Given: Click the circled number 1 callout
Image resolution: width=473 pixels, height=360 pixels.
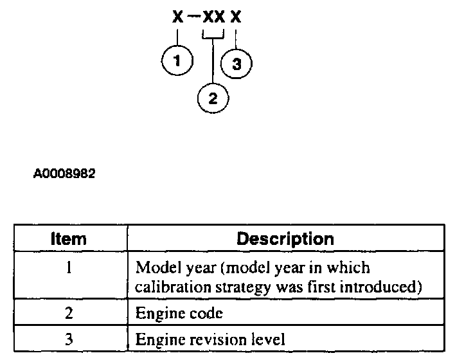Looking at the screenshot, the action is click(177, 62).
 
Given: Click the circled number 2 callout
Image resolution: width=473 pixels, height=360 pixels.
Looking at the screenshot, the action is click(213, 98).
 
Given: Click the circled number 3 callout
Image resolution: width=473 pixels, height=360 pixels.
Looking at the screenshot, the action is click(236, 64).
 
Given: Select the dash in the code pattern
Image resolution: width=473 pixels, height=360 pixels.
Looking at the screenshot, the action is click(193, 17).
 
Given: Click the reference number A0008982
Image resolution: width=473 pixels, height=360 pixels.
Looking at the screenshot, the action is click(65, 174).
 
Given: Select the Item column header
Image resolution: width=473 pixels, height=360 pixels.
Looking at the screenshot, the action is click(69, 239).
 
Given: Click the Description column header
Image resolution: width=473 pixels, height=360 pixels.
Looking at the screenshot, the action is click(285, 239).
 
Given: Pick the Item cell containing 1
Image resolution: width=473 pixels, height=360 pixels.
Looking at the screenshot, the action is click(69, 267).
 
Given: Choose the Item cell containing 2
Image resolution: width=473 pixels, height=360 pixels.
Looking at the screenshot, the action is click(69, 314).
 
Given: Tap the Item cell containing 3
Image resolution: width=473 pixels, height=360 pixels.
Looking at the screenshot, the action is click(69, 338).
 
